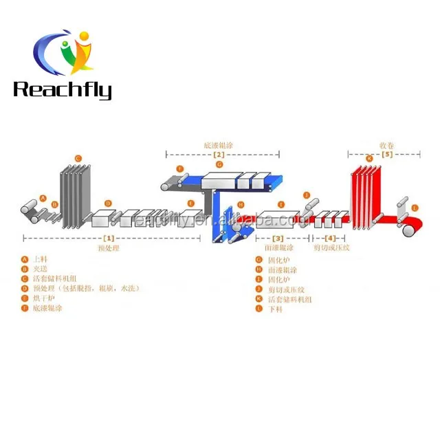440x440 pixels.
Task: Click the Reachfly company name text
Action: coord(62,89)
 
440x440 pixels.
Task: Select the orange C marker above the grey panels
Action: coord(78,159)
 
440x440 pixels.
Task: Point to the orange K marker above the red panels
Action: coord(369,159)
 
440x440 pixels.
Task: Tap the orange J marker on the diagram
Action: coord(307,195)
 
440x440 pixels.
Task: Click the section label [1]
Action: coord(109,237)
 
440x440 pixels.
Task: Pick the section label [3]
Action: coord(278,238)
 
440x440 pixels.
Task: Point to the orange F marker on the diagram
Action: coord(179,169)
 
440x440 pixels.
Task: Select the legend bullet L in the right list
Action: coord(258,310)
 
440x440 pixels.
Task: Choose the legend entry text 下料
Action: coord(274,310)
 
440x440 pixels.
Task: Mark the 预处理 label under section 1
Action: coord(109,246)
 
